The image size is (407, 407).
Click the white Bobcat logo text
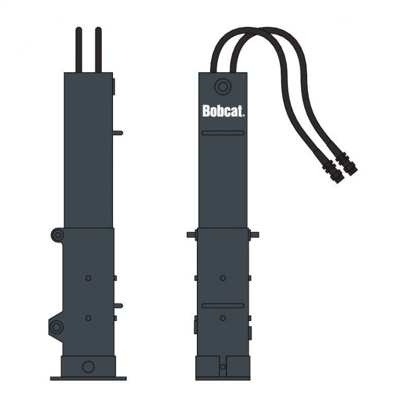(223, 111)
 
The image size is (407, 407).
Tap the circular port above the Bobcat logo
(223, 86)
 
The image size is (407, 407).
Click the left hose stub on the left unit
(79, 49)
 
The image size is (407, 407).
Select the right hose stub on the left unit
(98, 49)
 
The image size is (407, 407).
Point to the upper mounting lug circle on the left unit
(58, 235)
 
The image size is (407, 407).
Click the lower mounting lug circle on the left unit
(56, 327)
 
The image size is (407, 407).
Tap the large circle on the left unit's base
(88, 367)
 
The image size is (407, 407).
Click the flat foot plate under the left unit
(88, 378)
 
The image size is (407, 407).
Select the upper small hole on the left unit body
(88, 278)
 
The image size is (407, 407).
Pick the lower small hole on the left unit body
(88, 318)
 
